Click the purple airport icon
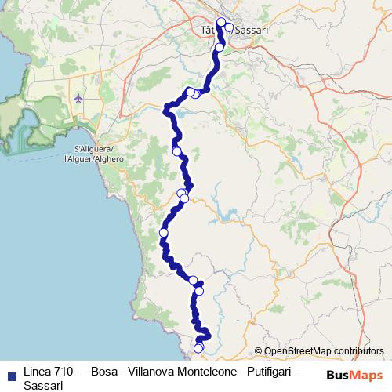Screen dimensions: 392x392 click(x=78, y=98)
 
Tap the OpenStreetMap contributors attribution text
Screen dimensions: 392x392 click(x=324, y=351)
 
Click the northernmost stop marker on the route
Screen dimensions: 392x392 click(x=221, y=22)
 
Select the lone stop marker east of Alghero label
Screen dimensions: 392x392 click(x=176, y=151)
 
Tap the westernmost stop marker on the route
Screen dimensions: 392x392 click(x=164, y=233)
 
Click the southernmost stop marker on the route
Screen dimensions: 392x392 click(x=198, y=349)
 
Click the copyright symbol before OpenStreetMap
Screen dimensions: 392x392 click(x=259, y=351)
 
